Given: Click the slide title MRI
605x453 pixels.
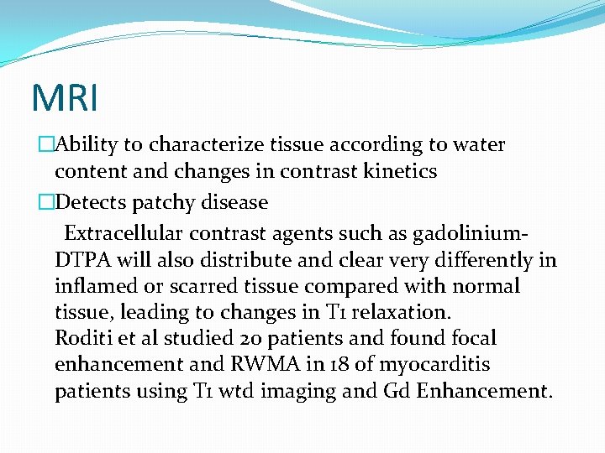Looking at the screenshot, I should pos(65,96).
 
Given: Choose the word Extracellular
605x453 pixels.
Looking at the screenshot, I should pos(123,232).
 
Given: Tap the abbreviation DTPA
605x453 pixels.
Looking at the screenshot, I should pos(80,260).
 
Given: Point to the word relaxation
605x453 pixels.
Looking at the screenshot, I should pos(402,313).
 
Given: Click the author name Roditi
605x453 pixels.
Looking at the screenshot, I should pos(80,339).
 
